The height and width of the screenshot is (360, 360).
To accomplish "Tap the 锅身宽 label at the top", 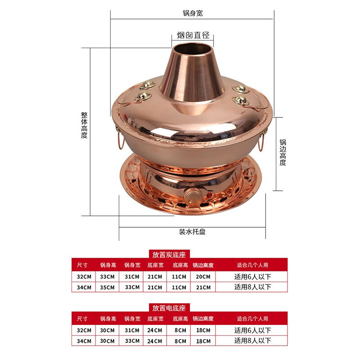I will point(192,13).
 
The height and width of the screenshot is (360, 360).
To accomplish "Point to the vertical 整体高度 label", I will point(84,125).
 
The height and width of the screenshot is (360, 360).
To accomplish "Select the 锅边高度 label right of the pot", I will point(283,152).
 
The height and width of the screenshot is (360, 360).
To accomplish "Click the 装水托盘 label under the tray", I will point(192,232).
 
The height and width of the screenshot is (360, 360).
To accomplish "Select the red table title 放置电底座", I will point(169,308).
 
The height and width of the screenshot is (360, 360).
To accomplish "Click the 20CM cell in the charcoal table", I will point(203,276).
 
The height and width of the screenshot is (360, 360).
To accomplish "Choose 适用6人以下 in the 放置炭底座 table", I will point(253,276).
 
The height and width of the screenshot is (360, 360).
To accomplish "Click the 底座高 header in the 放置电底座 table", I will point(180,319).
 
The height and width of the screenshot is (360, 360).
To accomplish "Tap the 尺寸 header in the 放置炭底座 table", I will point(82,265).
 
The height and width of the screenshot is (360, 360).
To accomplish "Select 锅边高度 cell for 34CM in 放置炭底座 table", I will point(203,287).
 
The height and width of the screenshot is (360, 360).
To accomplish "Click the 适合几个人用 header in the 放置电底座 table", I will point(253,319).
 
